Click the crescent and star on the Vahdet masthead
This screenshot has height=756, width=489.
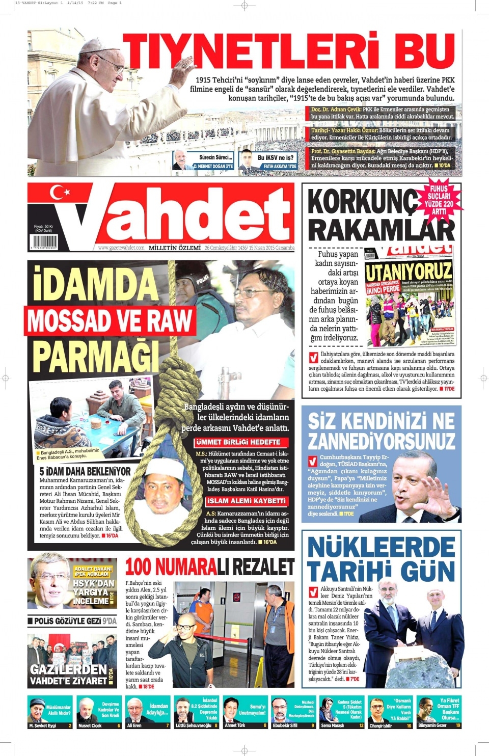[x=60, y=192]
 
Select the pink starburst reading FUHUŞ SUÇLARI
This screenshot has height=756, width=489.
[x=439, y=200]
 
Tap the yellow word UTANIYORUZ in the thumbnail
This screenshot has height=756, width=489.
[x=409, y=272]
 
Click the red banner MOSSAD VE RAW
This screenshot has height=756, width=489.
[x=110, y=321]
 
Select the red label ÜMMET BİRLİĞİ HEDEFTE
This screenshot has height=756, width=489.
[x=238, y=442]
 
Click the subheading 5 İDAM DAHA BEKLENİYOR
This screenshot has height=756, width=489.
[x=85, y=471]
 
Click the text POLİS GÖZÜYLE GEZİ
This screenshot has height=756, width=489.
[x=68, y=621]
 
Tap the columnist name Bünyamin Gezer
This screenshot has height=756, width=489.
[x=432, y=725]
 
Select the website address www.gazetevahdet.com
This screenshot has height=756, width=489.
[x=121, y=248]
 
